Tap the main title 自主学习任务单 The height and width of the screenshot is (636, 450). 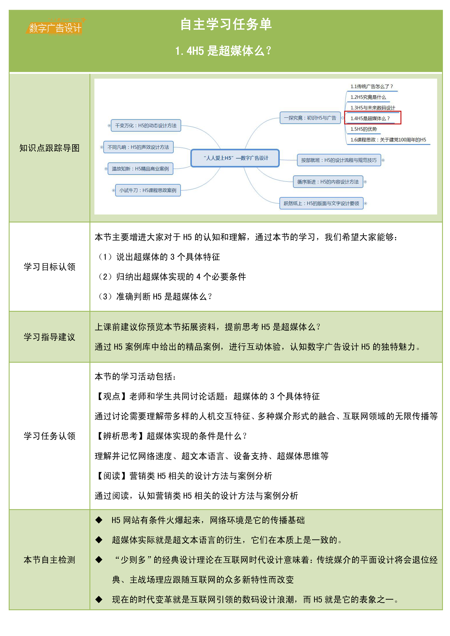point(226,24)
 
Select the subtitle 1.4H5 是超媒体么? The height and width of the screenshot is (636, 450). point(223,51)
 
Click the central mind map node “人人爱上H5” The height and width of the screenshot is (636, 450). point(235,158)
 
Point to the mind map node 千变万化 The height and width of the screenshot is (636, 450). point(146,125)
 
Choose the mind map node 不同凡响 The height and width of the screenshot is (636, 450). point(138,147)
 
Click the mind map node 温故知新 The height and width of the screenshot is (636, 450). point(140,169)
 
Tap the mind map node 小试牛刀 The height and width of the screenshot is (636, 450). point(148,190)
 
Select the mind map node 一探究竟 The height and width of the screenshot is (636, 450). point(310,118)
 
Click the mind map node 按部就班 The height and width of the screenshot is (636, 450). point(339,160)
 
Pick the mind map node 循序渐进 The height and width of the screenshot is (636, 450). point(328,182)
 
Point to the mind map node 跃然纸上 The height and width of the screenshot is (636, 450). point(321,203)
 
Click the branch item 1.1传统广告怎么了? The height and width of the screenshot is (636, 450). point(372,86)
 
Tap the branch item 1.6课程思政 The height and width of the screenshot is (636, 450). point(388,140)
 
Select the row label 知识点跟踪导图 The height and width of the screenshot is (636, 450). point(49,148)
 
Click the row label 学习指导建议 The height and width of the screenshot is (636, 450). point(49,337)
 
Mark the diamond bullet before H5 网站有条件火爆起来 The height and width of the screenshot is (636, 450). point(99,520)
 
